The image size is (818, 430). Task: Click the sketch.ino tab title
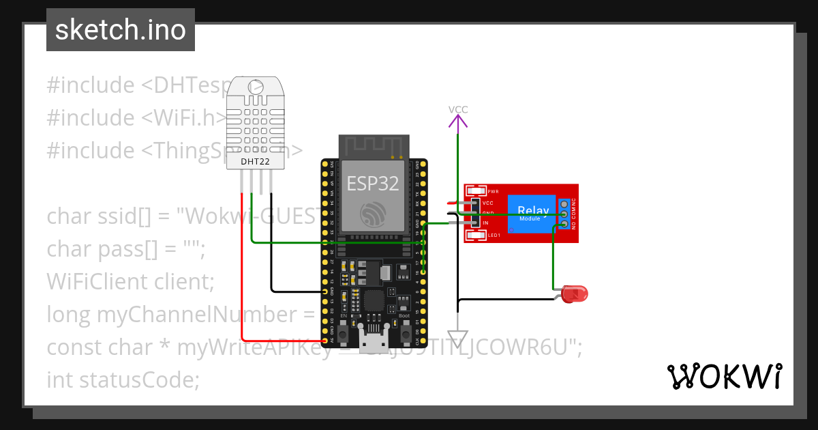pos(121,30)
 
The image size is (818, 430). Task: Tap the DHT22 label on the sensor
pos(256,161)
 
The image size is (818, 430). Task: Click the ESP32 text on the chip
pos(372,182)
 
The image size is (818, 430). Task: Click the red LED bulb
pos(576,294)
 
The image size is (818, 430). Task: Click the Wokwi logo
pos(724,376)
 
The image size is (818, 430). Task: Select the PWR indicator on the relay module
pos(476,192)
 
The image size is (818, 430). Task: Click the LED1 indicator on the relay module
pos(476,235)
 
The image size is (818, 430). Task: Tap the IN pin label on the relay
pos(485,223)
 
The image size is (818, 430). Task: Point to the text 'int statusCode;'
pos(123,379)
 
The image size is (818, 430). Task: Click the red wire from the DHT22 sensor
pos(241,273)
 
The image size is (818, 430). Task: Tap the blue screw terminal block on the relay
pos(564,214)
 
